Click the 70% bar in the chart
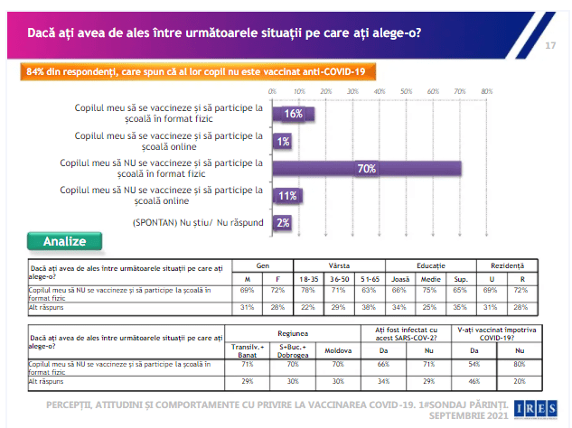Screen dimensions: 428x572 point(367,169)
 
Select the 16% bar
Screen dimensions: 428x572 point(290,114)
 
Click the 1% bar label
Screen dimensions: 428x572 point(283,142)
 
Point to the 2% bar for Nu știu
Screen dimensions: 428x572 point(283,223)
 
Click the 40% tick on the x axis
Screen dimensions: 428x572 point(380,92)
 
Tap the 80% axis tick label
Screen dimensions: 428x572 point(486,92)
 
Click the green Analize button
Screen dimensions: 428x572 point(65,241)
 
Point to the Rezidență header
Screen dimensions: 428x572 point(507,267)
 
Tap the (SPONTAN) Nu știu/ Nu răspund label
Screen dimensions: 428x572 point(198,223)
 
